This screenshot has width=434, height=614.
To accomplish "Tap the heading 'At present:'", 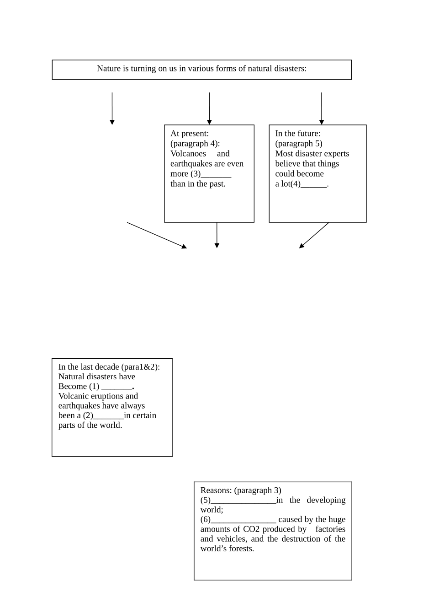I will [190, 134].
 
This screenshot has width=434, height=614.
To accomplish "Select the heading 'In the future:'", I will [298, 134].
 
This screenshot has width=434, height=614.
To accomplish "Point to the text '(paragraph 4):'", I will [195, 144].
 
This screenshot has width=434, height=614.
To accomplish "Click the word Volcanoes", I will [188, 154].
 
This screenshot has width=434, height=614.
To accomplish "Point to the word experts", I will [336, 154].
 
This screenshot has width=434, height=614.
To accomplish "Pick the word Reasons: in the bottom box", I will [216, 490].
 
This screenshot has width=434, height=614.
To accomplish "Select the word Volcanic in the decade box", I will [72, 396].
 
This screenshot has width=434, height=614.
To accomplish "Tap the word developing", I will [326, 500].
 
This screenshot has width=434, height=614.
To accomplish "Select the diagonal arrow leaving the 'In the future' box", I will [314, 235].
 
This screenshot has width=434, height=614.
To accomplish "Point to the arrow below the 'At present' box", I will [217, 235].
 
